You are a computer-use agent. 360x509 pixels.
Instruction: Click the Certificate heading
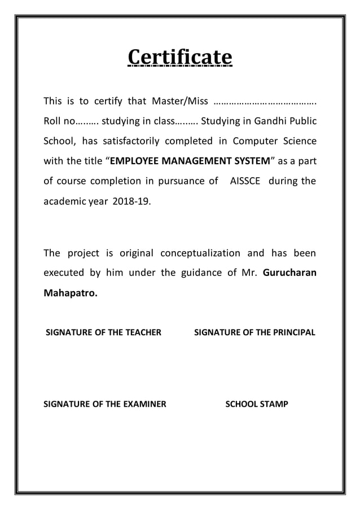click(180, 58)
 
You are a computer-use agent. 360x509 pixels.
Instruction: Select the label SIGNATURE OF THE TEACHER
click(103, 333)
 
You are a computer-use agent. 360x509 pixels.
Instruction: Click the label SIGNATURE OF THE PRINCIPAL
click(254, 333)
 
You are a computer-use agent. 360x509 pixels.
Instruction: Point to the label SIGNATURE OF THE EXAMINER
click(105, 404)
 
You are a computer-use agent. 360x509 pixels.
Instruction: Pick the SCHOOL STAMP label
click(257, 404)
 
